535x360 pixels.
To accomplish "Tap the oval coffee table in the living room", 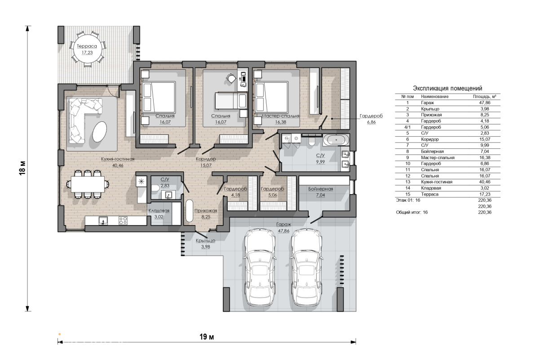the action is pos(100,131).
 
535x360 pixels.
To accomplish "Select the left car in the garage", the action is pos(260,267).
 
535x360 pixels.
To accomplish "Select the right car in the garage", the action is pos(306,267).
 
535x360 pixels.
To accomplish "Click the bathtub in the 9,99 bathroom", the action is pos(336,140).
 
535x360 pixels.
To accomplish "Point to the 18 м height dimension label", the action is pos(22,168).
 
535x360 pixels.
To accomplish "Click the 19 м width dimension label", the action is pos(207,337).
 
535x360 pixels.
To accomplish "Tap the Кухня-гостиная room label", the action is pos(118,159).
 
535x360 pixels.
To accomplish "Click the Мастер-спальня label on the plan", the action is pos(280,116).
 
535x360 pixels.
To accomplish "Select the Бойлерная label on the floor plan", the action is pos(320,189).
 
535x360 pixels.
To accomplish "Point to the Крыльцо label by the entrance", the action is pos(205,240).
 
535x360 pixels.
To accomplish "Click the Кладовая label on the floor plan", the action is pos(159,210).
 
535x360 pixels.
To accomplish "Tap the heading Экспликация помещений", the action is pos(447,89).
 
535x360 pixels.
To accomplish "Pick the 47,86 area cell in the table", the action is pos(484,103).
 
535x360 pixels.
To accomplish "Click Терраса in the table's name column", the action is pos(429,194).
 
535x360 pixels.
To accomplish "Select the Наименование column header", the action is pos(435,97).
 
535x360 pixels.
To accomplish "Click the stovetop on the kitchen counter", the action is pos(123,221).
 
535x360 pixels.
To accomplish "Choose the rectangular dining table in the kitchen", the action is pos(88,184).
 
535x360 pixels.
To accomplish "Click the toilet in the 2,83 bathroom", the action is pos(155,189).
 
